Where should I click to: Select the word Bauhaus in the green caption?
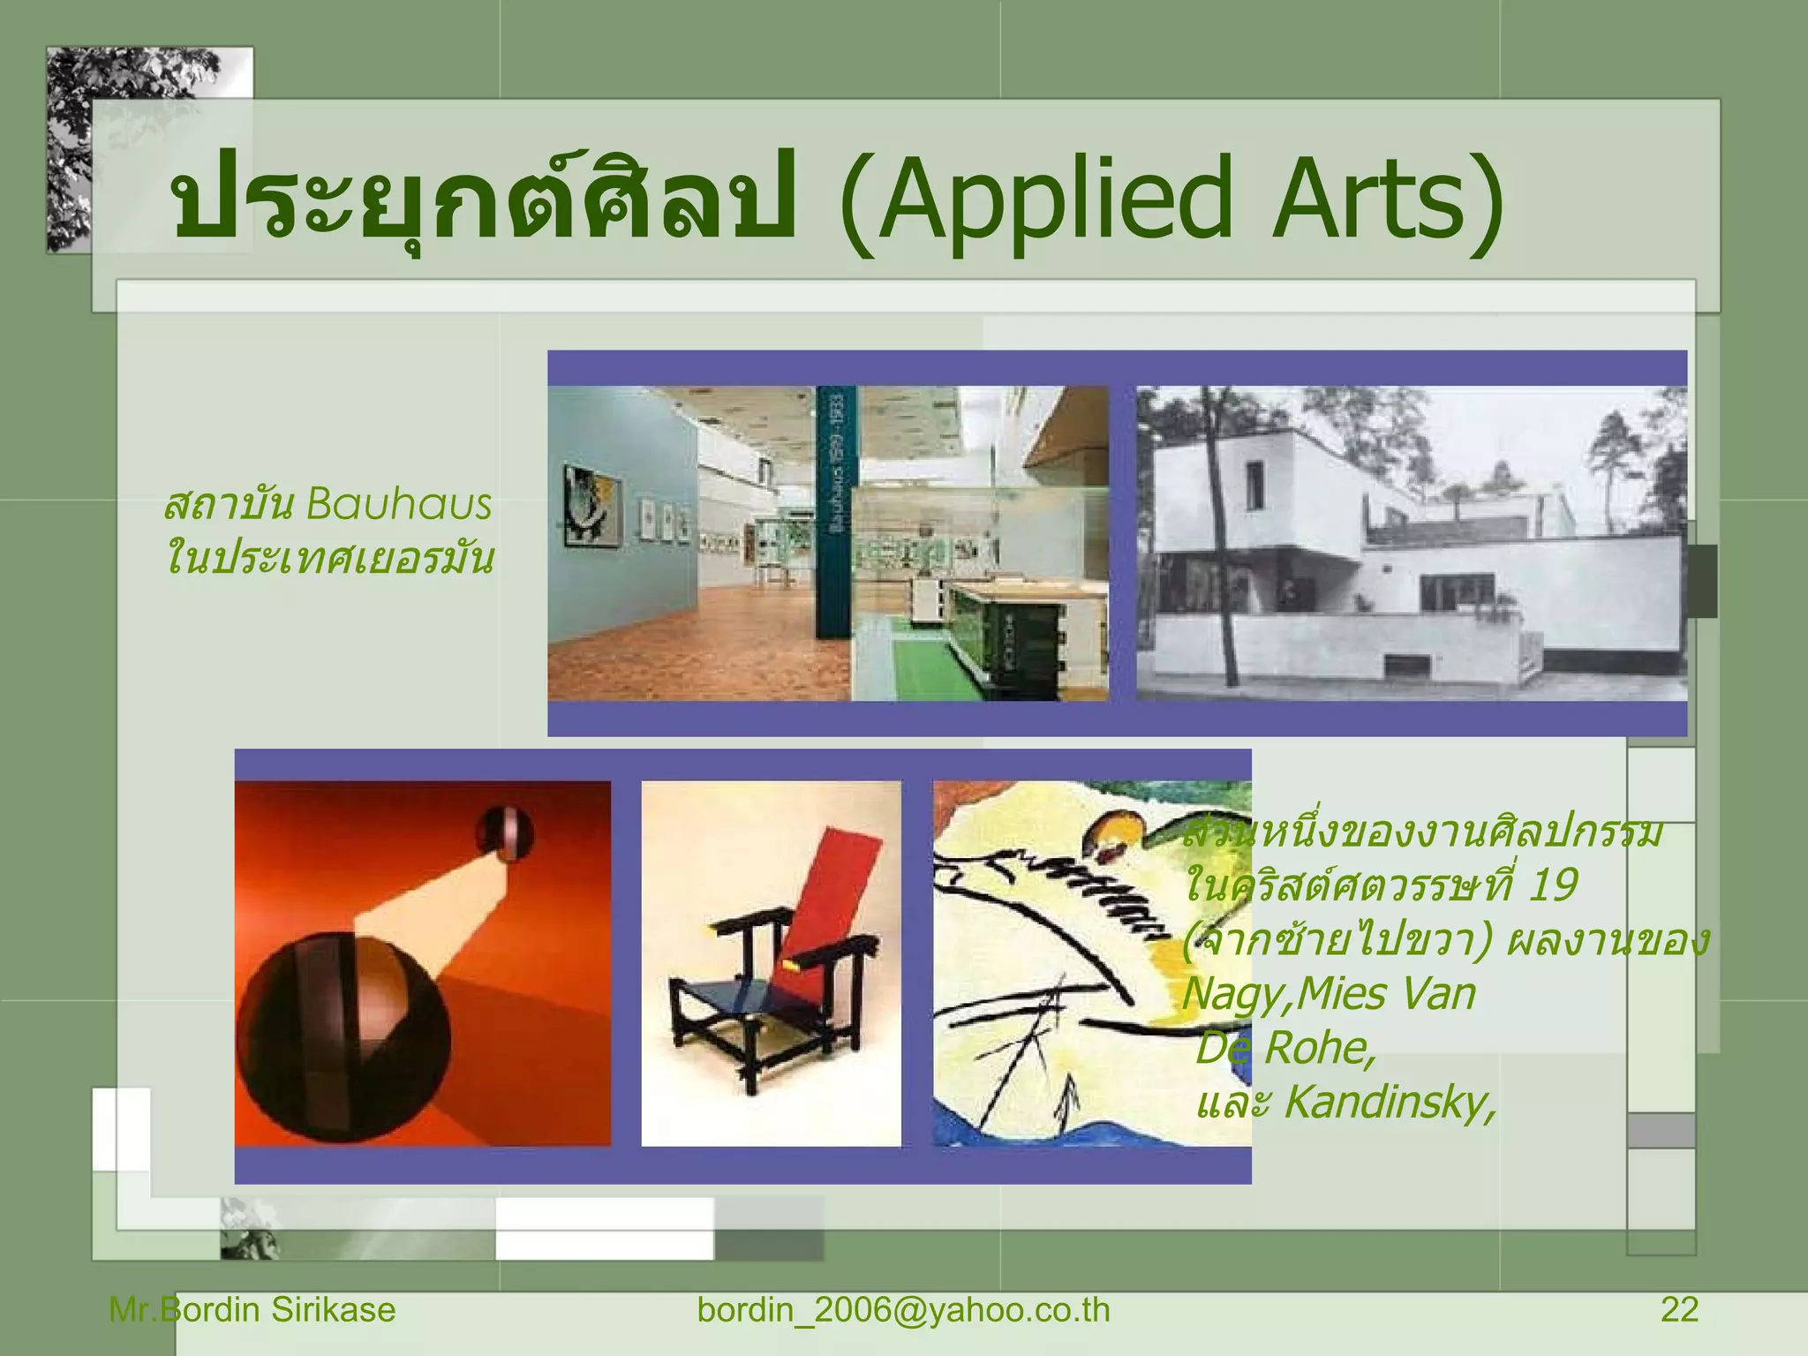398,505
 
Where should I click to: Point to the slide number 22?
1679,1309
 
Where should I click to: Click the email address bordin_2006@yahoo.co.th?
903,1309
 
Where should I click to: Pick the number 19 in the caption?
1552,885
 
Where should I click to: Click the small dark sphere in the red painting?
505,832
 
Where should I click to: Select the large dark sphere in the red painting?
346,1033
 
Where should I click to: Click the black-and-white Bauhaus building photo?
1411,543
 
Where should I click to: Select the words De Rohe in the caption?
1284,1048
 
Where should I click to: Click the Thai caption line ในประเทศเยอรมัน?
330,559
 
